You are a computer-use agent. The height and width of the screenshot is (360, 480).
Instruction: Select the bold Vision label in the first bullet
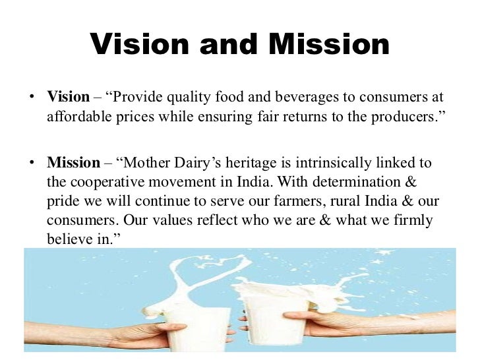(68, 97)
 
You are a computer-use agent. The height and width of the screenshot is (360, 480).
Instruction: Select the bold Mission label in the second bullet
(73, 162)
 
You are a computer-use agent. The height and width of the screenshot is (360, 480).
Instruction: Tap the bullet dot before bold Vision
(30, 98)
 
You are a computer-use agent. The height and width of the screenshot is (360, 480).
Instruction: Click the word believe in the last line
(69, 239)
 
